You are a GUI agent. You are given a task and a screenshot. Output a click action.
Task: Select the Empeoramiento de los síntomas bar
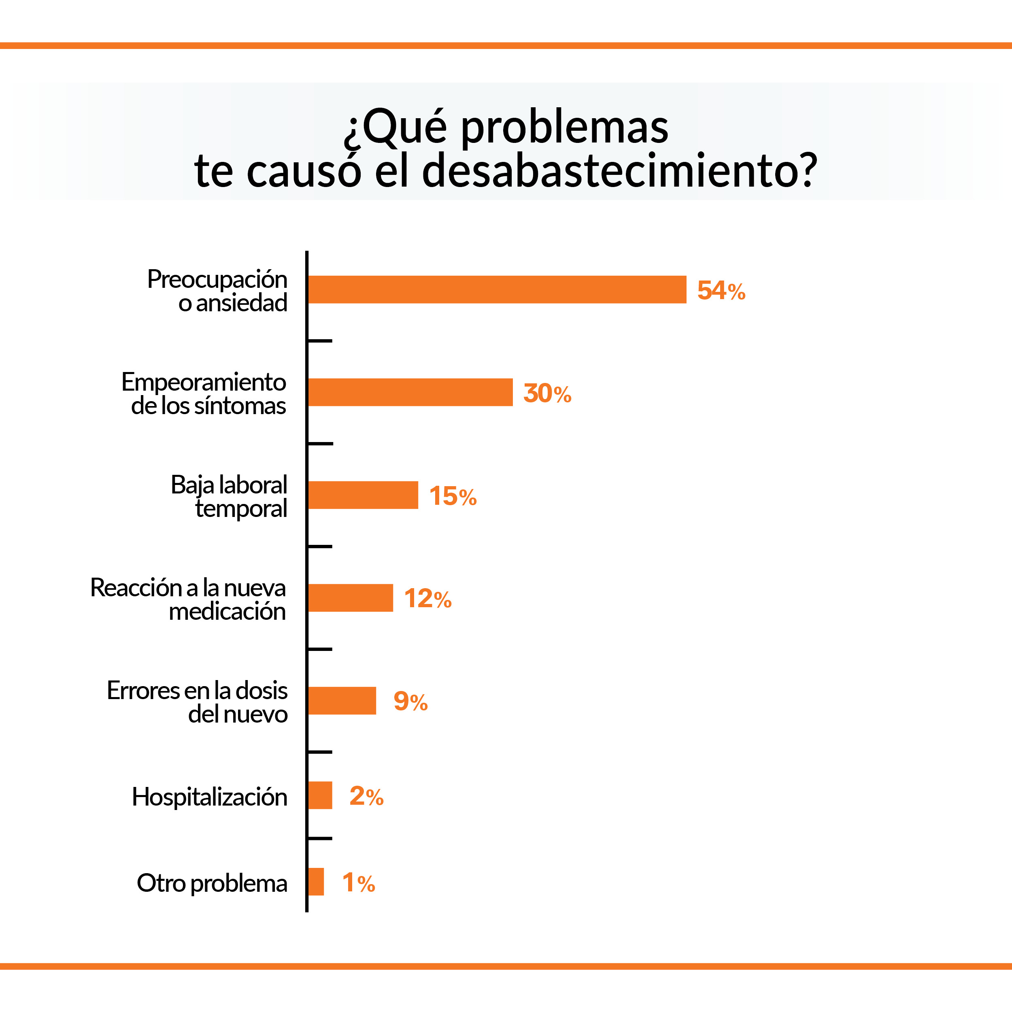(x=410, y=392)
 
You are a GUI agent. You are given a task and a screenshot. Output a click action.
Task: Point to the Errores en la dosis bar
(x=342, y=700)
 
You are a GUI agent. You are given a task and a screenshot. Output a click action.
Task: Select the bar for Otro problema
(x=316, y=882)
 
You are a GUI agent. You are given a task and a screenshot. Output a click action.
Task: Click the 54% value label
(x=721, y=290)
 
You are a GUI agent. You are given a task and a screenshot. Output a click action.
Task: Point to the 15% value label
(x=453, y=495)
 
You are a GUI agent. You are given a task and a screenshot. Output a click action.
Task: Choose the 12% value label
(x=427, y=598)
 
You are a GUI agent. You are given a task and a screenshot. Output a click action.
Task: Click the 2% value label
(x=366, y=796)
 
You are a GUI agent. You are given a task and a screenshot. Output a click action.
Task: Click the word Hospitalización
(x=210, y=797)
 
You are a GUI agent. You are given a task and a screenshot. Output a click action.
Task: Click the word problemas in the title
(x=564, y=127)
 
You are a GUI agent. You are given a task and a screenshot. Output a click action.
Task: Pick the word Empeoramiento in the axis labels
(x=204, y=382)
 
